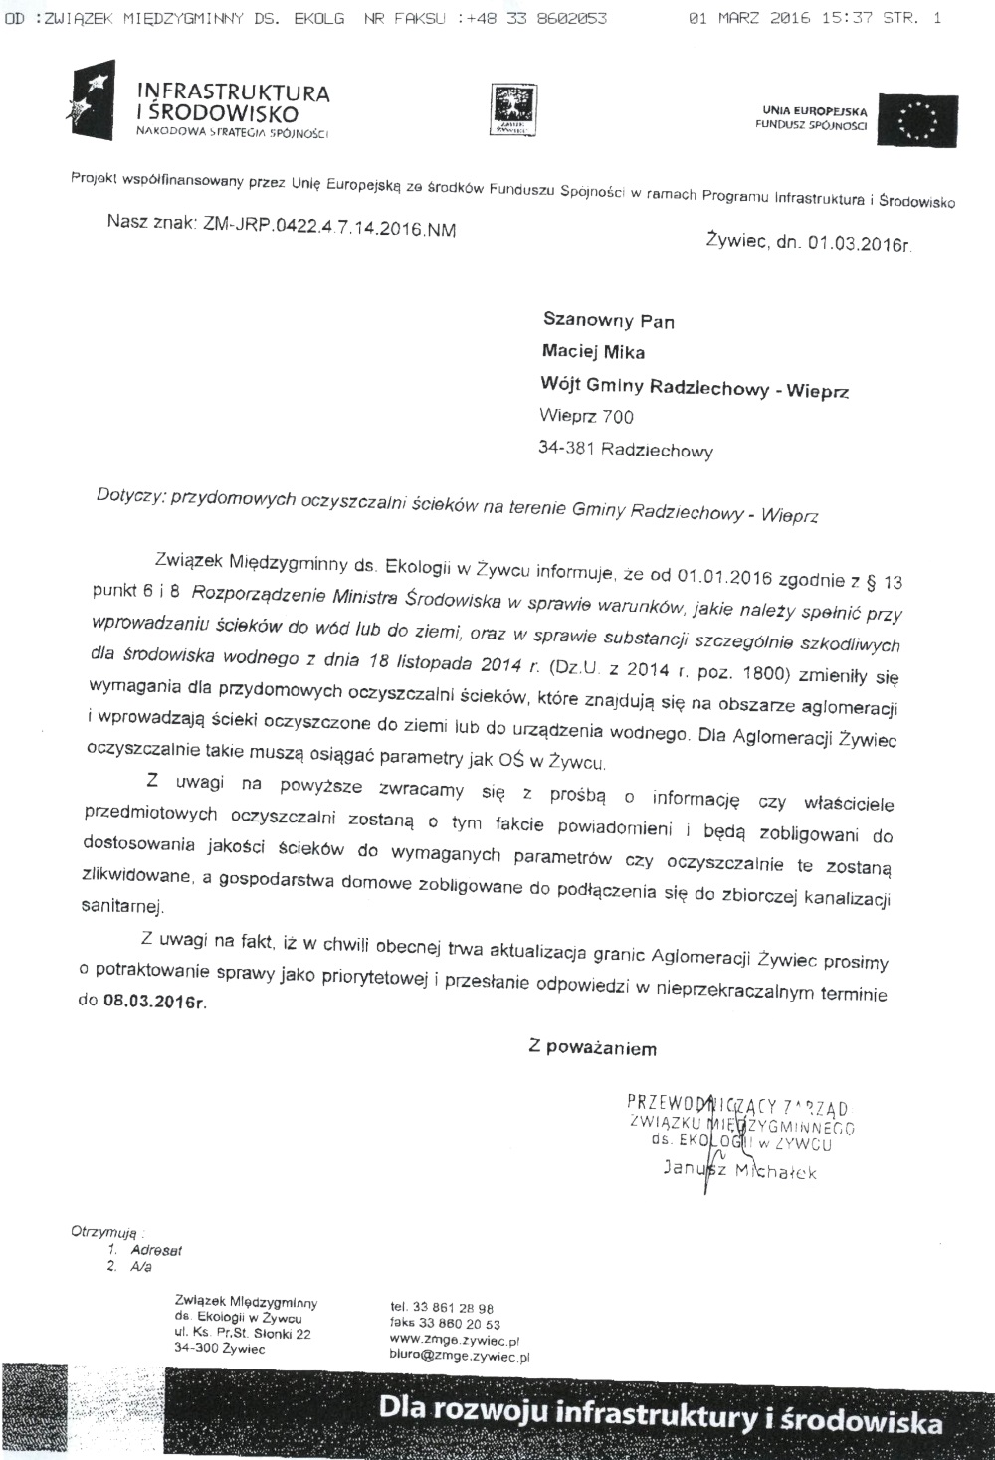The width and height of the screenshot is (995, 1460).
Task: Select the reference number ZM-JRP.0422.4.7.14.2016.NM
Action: (329, 228)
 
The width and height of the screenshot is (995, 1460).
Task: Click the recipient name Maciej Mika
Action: (593, 351)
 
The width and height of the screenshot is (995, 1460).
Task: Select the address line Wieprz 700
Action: (586, 416)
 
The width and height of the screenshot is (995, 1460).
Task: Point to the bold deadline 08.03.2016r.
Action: (155, 1001)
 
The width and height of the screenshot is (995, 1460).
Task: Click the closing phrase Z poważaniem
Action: (593, 1047)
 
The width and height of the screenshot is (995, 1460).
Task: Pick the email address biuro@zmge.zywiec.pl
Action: (460, 1355)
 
